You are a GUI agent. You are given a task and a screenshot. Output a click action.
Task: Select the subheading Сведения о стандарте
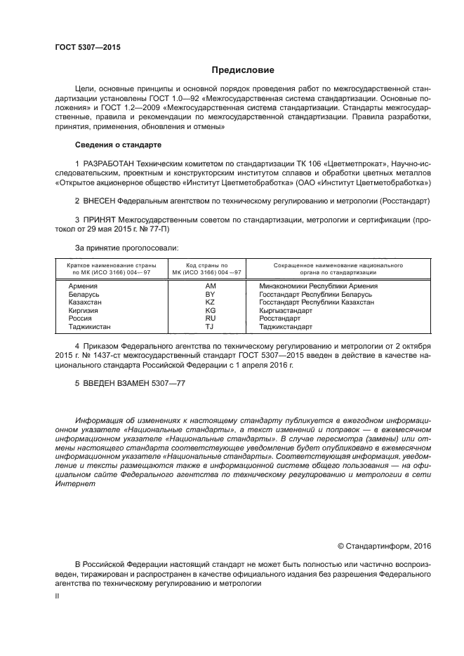[118, 145]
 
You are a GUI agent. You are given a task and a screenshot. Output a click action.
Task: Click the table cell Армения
[83, 287]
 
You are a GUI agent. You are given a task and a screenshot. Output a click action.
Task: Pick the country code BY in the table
[210, 295]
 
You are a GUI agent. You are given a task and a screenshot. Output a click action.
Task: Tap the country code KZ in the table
[210, 302]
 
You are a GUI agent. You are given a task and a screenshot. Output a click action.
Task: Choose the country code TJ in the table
[209, 326]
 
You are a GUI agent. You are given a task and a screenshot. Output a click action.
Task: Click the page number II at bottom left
[58, 596]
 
